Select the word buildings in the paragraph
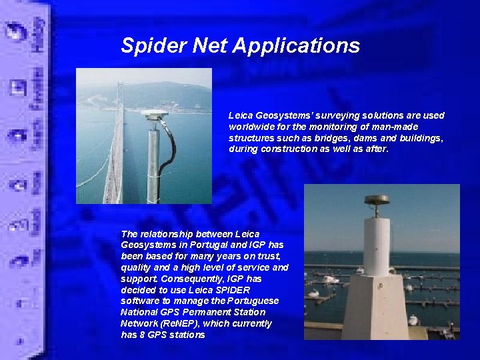422,138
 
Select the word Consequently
189,279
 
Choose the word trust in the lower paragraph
270,257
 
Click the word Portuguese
256,301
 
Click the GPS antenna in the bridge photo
154,115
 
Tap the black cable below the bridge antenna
169,150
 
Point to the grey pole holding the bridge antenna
153,167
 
